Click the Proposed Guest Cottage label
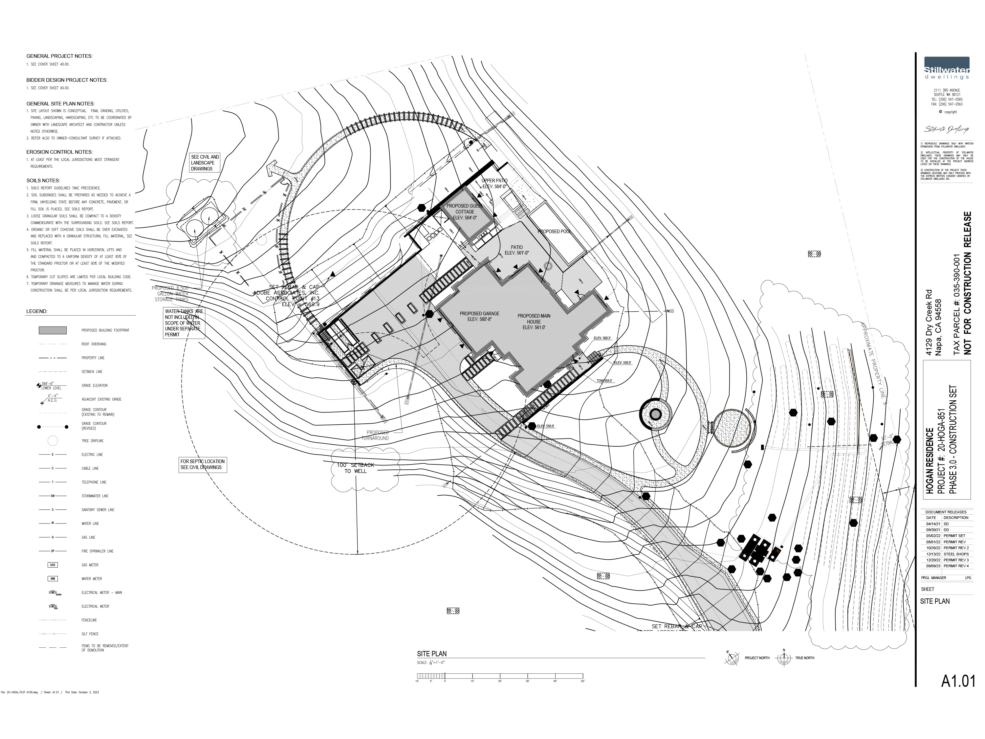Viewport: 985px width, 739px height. click(x=465, y=212)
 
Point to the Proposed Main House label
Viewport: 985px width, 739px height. click(x=534, y=322)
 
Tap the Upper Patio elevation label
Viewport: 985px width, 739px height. click(x=494, y=184)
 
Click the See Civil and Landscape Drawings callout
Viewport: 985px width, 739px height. click(x=205, y=163)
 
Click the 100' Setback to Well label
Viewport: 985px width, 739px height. click(x=355, y=468)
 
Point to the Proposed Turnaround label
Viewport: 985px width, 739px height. click(x=378, y=435)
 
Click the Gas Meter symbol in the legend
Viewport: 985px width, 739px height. click(x=53, y=565)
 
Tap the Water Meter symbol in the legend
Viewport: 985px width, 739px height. click(x=53, y=579)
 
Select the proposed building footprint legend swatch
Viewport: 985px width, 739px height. click(x=53, y=330)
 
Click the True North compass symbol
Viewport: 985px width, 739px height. click(x=784, y=658)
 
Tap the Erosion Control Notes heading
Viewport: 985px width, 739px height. click(x=59, y=152)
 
